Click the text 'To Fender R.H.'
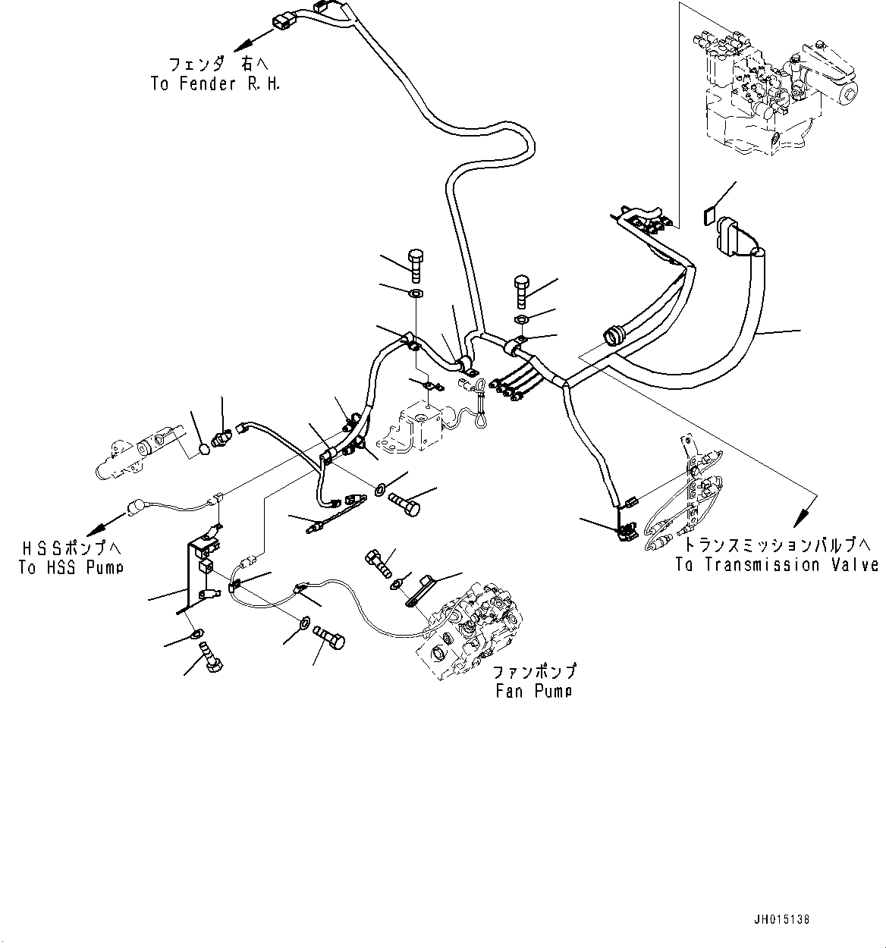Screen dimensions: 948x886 click(215, 84)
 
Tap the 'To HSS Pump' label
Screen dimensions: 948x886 click(71, 567)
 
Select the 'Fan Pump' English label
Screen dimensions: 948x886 click(534, 691)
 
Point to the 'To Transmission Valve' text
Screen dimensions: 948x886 click(778, 565)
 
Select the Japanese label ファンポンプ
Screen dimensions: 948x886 click(534, 672)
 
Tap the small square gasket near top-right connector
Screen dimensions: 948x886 click(707, 216)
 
